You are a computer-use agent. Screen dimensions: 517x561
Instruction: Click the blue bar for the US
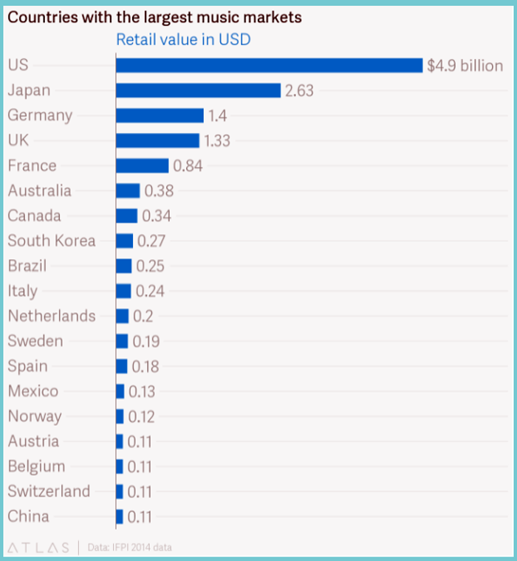pos(270,66)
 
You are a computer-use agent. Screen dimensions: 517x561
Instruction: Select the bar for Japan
pos(199,91)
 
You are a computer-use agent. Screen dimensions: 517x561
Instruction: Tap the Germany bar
pos(160,116)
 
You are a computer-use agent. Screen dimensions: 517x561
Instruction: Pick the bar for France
pos(142,165)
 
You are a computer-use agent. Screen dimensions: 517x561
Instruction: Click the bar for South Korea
pos(124,241)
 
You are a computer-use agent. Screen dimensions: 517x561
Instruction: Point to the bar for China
pos(120,517)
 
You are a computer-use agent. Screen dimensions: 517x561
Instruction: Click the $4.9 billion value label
pos(465,66)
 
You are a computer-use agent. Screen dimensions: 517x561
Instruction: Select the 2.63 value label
pos(299,91)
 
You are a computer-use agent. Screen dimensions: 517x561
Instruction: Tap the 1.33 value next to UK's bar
pos(217,140)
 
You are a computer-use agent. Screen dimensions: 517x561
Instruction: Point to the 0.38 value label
pos(159,190)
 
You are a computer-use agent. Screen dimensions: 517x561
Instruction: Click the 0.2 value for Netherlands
pos(143,316)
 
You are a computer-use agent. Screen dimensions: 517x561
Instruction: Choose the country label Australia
pos(39,190)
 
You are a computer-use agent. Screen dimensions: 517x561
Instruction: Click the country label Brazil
pos(27,266)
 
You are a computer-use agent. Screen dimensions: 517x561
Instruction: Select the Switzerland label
pos(49,491)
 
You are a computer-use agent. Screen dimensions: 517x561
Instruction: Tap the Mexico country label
pos(33,391)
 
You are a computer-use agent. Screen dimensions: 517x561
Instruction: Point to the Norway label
pos(35,416)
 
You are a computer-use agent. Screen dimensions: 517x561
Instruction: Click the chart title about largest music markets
pos(154,17)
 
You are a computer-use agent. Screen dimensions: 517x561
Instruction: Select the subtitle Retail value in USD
pos(183,39)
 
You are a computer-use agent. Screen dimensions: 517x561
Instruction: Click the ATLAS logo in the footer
pos(38,548)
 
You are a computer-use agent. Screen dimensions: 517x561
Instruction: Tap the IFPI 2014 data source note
pos(129,548)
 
